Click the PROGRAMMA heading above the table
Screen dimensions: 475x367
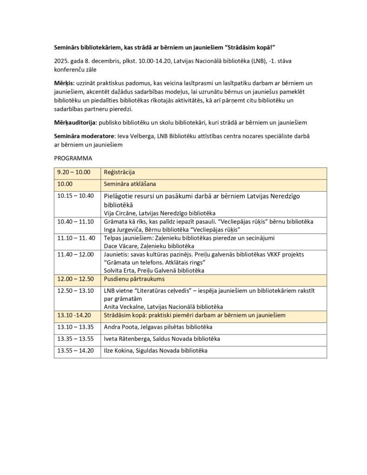coord(73,158)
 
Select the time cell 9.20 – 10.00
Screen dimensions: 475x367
coord(73,172)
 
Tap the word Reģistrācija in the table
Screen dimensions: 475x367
coord(119,172)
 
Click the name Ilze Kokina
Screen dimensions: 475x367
coord(117,351)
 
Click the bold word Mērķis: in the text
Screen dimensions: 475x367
coord(64,83)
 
